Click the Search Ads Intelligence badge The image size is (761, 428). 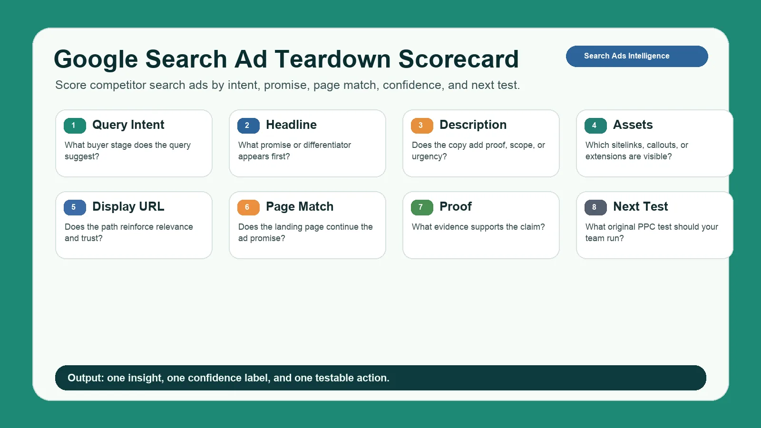point(637,57)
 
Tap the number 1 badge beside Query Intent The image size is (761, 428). point(75,126)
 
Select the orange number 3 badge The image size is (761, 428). point(422,126)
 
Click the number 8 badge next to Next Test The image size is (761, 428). point(595,207)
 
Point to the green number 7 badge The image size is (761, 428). point(422,207)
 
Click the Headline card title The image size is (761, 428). point(291,125)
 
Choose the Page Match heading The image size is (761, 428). point(300,206)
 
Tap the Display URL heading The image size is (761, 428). point(128,206)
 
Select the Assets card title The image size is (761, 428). point(633,125)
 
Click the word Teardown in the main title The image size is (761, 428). point(332,59)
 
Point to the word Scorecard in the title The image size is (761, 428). point(459,59)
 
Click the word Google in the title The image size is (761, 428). point(96,59)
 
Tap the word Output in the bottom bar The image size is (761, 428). point(86,378)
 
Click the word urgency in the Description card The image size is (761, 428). point(429,156)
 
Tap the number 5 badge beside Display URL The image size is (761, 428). point(75,207)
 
